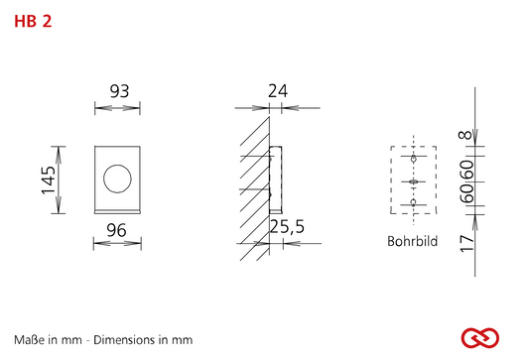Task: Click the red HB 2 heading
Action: [x=33, y=21]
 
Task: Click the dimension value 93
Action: [x=119, y=91]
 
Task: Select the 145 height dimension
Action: [x=49, y=180]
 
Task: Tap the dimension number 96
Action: [x=117, y=230]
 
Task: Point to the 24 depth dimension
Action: [x=278, y=91]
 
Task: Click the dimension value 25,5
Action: [x=287, y=226]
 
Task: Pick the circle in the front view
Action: [x=117, y=179]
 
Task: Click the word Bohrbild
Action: [x=412, y=241]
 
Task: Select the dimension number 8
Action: [x=465, y=135]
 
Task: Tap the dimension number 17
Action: [x=466, y=244]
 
